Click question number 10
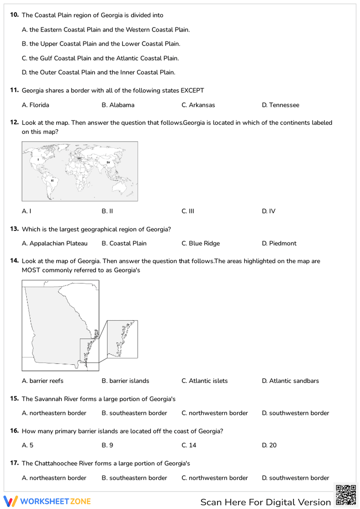(x=14, y=15)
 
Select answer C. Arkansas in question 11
(x=198, y=105)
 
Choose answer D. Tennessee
(x=280, y=105)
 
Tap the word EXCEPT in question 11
(x=192, y=90)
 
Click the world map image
(x=80, y=171)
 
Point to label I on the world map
(x=39, y=159)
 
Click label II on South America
(x=52, y=180)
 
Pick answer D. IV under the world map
(x=269, y=211)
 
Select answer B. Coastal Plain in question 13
(x=124, y=243)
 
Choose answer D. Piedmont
(x=279, y=243)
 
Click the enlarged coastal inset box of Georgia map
(x=122, y=339)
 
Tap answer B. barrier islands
(x=125, y=381)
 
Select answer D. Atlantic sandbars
(x=290, y=381)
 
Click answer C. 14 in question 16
(x=189, y=445)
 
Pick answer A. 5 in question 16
(x=27, y=445)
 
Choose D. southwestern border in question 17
(x=295, y=478)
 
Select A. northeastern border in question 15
(x=54, y=413)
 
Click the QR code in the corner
(x=346, y=495)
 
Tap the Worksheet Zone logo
(x=47, y=501)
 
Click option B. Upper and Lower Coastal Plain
(x=101, y=44)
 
